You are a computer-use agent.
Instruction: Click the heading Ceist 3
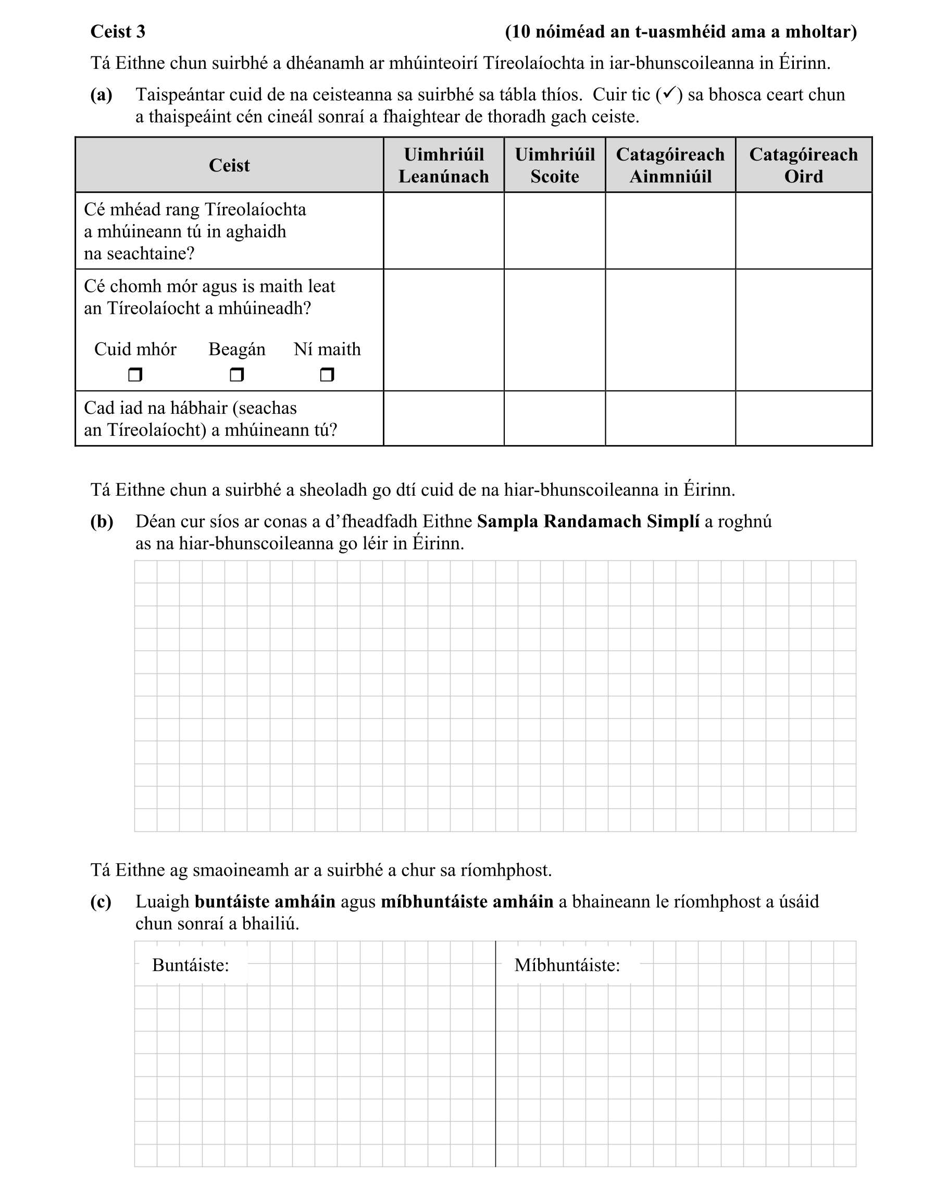tap(118, 32)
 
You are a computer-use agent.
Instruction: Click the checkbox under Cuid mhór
tap(135, 375)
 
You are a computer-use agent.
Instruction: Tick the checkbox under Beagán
tap(236, 375)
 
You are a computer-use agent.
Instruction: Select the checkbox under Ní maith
tap(327, 375)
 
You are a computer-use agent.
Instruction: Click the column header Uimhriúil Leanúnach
tap(443, 165)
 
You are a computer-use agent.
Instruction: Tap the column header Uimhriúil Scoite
tap(554, 165)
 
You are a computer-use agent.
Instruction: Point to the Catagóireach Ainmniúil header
tap(670, 165)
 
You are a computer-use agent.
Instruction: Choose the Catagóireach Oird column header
tap(803, 165)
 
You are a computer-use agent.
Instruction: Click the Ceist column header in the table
tap(229, 165)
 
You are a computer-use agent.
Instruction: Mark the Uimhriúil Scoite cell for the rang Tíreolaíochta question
tap(554, 231)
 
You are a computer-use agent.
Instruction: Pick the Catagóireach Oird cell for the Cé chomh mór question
tap(803, 330)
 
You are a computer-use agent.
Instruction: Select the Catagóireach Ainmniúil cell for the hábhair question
tap(670, 419)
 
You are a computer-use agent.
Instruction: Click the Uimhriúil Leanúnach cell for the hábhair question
tap(443, 419)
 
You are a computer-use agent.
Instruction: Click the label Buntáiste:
tap(190, 965)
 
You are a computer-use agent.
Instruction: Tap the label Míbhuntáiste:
tap(567, 965)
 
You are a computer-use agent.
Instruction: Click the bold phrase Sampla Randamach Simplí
tap(588, 521)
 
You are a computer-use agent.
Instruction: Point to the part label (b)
tap(102, 521)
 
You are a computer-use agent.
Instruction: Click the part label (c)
tap(101, 902)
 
